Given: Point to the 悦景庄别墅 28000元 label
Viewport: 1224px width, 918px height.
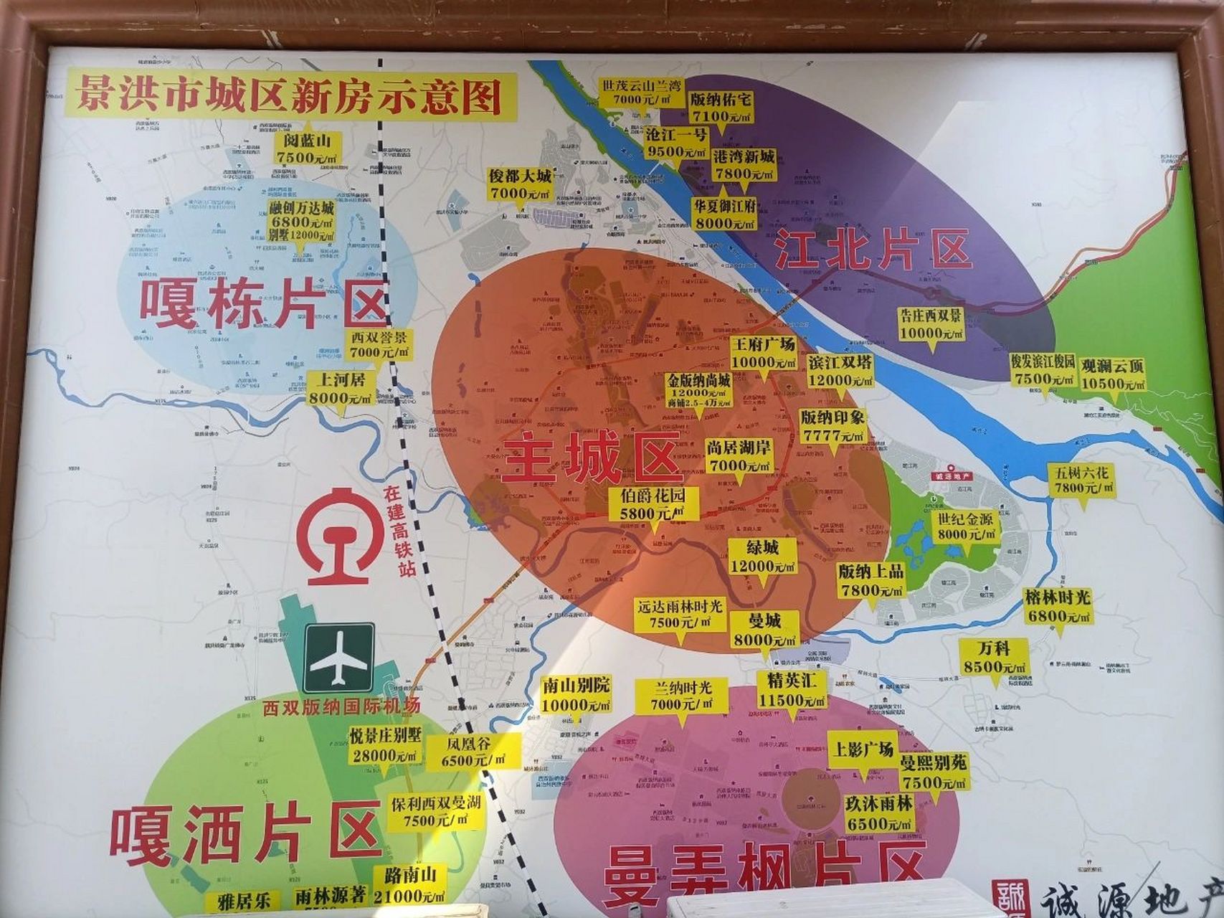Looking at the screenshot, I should click(385, 745).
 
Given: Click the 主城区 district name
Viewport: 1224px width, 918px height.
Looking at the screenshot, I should click(592, 459).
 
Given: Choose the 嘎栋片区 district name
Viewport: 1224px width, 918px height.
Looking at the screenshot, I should click(263, 306).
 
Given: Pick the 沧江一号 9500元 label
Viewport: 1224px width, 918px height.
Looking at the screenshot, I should click(676, 143).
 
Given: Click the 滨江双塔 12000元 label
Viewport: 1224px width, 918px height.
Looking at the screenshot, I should click(840, 371).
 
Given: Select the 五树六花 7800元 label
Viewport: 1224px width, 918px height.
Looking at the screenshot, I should click(1083, 481).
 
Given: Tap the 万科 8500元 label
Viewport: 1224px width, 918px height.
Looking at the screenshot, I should click(994, 657).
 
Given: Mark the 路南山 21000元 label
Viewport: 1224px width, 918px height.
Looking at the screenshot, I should click(410, 885).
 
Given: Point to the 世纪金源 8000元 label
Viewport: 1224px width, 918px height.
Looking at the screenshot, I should click(965, 526).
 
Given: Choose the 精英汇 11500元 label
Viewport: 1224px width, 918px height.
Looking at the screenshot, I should click(792, 689).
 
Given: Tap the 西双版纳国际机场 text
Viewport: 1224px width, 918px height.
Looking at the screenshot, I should click(341, 706).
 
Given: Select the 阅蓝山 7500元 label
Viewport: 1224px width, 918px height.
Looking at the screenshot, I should click(307, 148).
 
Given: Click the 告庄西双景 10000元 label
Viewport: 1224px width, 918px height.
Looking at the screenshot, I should click(931, 324).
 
